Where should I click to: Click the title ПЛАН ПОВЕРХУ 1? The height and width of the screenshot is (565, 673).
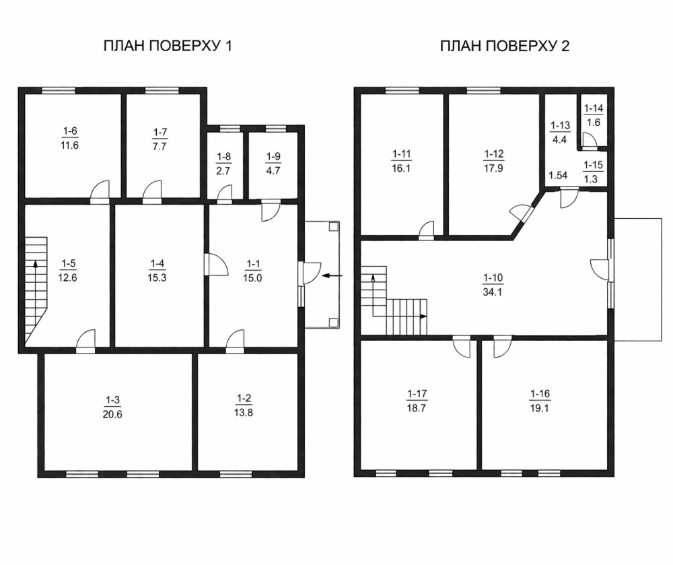[x=168, y=46]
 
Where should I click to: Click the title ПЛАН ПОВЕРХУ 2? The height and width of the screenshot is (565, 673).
[x=505, y=46]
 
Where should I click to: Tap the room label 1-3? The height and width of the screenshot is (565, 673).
[x=112, y=400]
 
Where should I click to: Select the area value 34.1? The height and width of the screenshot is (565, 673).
[x=493, y=292]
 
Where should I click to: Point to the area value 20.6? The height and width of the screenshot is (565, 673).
[x=112, y=414]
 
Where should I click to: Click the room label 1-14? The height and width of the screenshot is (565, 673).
[x=594, y=108]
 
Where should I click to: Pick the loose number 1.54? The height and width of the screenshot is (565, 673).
[x=559, y=175]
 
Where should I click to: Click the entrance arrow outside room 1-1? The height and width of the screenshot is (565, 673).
[x=332, y=275]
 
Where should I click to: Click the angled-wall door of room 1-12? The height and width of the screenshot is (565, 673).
[x=520, y=213]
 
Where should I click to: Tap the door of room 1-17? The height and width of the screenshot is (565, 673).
[x=462, y=347]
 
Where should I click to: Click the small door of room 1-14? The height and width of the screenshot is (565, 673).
[x=589, y=141]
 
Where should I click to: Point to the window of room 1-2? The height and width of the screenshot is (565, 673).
[x=236, y=474]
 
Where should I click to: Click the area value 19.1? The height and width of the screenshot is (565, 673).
[x=540, y=408]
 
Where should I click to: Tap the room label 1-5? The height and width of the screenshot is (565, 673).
[x=68, y=263]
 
